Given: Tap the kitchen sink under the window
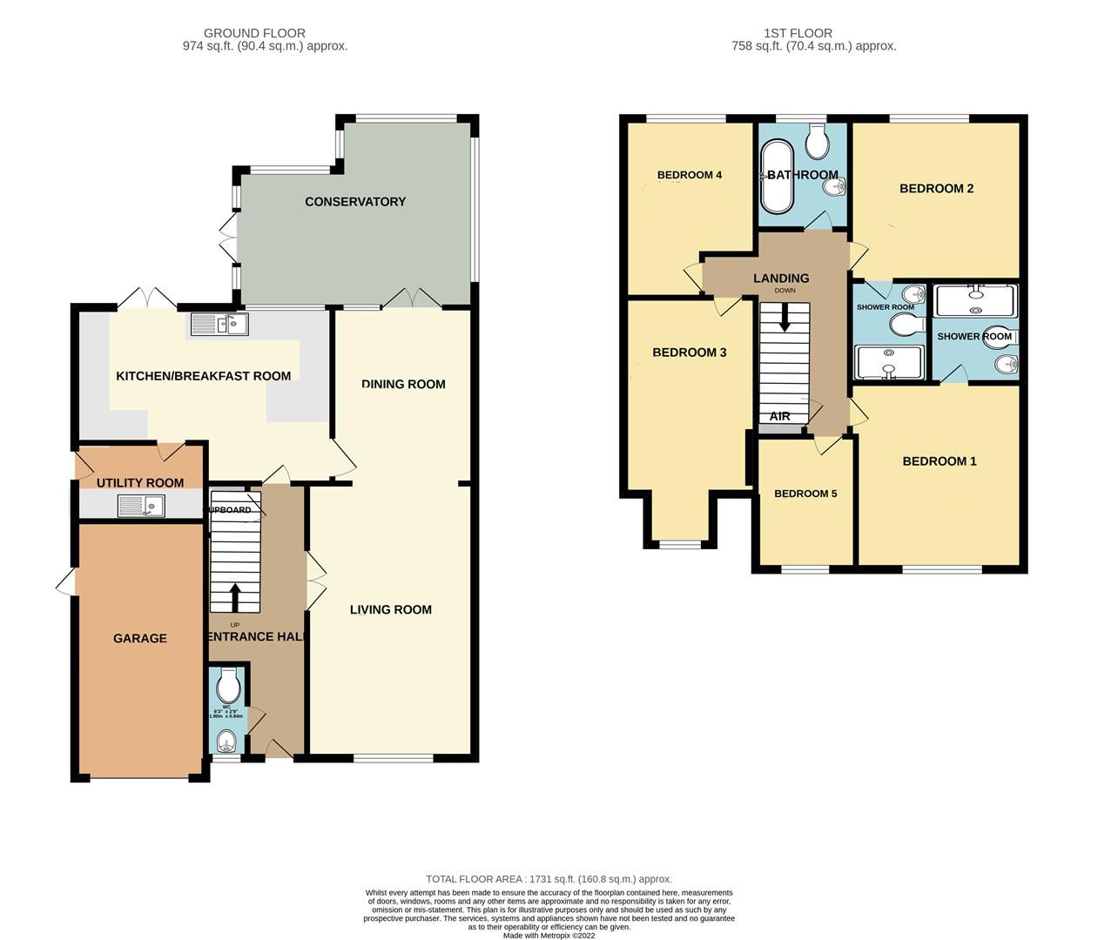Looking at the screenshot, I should click(x=219, y=325).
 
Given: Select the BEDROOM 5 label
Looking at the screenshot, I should click(x=805, y=493).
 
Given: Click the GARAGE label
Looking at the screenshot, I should click(x=140, y=638).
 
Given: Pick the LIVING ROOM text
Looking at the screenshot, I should click(x=391, y=609).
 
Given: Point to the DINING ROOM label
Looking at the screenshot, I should click(x=403, y=384).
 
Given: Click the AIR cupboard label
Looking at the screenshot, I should click(x=779, y=416).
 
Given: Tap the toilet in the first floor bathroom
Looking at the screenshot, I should click(x=818, y=141).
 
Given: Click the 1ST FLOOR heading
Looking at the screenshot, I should click(x=813, y=34).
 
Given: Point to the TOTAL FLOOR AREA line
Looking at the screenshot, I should click(x=549, y=879).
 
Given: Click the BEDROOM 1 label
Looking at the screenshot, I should click(x=940, y=461).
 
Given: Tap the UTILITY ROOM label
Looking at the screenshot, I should click(x=140, y=483).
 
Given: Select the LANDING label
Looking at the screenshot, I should click(x=781, y=279).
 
